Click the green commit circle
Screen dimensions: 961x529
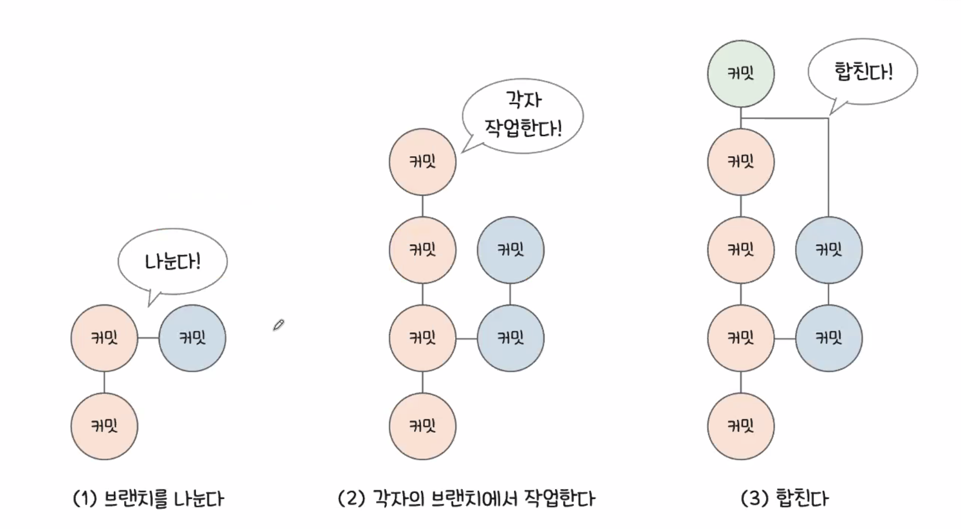tap(741, 73)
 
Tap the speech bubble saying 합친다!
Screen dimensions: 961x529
tap(863, 72)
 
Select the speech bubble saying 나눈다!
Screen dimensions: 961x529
tap(172, 261)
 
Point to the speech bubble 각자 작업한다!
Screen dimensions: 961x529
tap(523, 115)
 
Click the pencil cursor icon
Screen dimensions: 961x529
tap(278, 325)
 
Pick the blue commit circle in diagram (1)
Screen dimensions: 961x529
tap(192, 338)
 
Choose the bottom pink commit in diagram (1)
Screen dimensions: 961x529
tap(105, 426)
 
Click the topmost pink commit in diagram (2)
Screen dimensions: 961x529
tap(423, 162)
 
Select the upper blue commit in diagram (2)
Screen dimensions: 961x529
tap(510, 250)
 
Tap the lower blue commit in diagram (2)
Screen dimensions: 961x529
tap(510, 338)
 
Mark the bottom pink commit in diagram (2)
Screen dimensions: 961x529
tap(423, 426)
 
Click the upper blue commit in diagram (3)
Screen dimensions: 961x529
tap(829, 250)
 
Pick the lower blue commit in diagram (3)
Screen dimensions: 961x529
tap(829, 338)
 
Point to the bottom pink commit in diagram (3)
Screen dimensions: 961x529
tap(741, 426)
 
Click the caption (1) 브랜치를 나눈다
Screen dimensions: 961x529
tap(148, 498)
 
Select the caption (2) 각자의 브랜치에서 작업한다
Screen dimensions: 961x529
tap(467, 498)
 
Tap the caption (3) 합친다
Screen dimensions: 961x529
tap(784, 498)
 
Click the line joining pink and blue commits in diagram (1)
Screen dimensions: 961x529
tap(148, 338)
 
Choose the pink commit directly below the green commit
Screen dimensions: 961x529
tap(741, 162)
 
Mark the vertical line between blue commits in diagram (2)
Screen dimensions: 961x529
tap(510, 294)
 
